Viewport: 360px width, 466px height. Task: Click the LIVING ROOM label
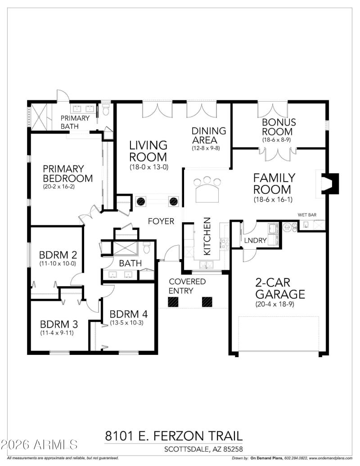148,151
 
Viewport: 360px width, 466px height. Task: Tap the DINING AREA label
209,135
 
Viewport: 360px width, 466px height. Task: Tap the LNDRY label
255,240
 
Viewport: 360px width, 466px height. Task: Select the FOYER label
162,221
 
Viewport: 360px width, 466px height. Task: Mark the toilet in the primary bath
106,110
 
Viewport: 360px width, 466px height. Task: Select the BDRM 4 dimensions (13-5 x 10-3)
128,323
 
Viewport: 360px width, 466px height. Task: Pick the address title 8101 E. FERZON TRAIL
174,435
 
